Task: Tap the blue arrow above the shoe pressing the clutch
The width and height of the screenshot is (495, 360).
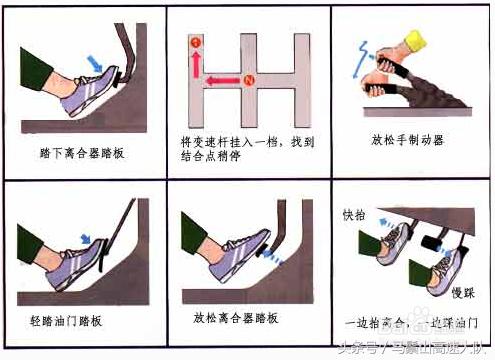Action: click(x=96, y=63)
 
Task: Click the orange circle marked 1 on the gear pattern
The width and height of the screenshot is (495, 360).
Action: click(x=196, y=41)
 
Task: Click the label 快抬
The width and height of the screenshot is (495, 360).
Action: click(x=354, y=215)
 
